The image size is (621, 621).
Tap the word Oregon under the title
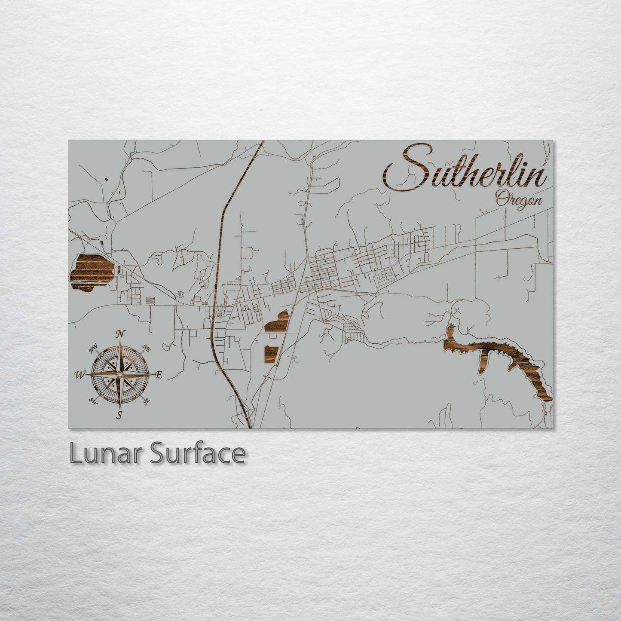[519, 200]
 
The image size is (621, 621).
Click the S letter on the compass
[119, 415]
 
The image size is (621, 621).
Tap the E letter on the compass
[159, 375]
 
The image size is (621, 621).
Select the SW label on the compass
[93, 401]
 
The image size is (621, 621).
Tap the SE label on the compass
[147, 401]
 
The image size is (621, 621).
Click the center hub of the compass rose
[120, 375]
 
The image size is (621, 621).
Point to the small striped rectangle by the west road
[151, 300]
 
